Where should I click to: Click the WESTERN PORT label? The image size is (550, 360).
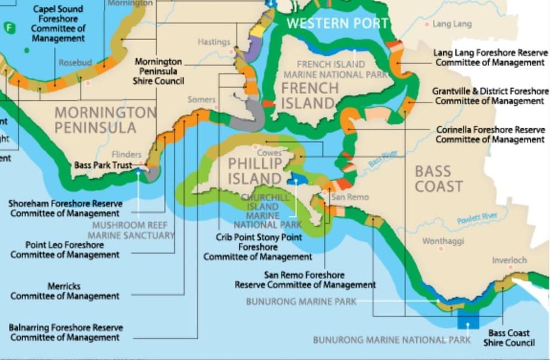click(x=337, y=23)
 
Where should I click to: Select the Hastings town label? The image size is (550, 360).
click(x=213, y=42)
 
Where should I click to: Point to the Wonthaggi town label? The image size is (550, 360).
click(x=443, y=241)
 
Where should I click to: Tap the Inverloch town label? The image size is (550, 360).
click(x=509, y=260)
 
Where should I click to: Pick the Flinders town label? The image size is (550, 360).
click(x=127, y=155)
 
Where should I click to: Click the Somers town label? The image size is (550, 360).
click(x=201, y=100)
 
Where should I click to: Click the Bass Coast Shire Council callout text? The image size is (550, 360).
click(x=509, y=338)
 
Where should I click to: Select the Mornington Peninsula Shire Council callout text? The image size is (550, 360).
click(x=158, y=72)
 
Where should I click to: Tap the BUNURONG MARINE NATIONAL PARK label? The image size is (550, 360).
click(x=392, y=340)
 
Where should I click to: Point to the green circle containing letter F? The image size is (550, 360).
click(x=9, y=28)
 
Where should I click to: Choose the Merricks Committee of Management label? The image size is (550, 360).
click(x=65, y=291)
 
